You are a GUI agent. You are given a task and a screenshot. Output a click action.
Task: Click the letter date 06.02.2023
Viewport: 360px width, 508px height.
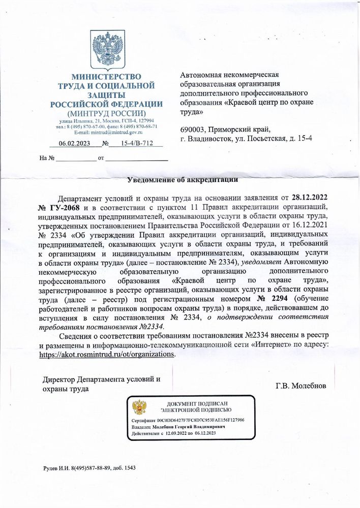[74, 144]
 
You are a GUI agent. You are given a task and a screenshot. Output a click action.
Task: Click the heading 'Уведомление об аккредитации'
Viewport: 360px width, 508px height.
[182, 179]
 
